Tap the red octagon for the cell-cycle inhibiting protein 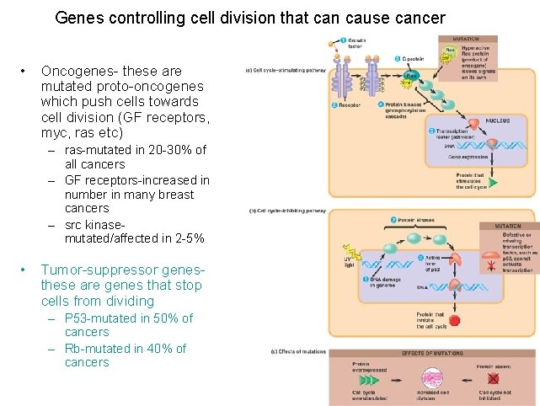coord(454,320)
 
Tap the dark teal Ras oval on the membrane coord(410,76)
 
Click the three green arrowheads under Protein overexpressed coord(369,380)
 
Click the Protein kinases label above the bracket coord(415,220)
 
